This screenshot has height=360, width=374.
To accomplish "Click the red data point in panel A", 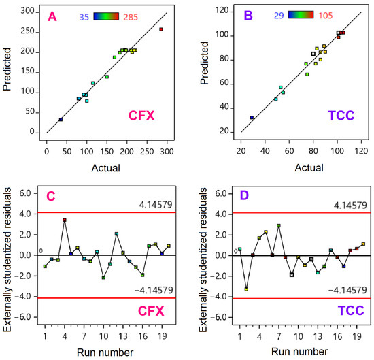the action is [x=161, y=29].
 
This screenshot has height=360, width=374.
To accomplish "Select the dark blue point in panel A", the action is [x=61, y=119].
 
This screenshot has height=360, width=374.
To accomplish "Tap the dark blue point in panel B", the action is [x=252, y=118].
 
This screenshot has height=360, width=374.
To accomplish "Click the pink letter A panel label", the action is [x=52, y=17].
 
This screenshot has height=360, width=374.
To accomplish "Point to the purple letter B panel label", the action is [x=248, y=16].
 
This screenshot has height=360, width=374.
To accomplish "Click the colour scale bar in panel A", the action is [x=106, y=16].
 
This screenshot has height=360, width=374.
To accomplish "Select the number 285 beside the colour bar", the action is [x=131, y=18].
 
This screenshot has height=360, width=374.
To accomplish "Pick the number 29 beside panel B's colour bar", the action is [x=279, y=16].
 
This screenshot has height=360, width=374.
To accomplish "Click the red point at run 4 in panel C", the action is [x=65, y=220].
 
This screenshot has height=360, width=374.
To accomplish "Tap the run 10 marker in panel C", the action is [x=103, y=278].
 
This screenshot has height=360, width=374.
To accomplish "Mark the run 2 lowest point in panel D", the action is [x=246, y=289].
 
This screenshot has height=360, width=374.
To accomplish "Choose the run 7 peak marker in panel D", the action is [x=279, y=226].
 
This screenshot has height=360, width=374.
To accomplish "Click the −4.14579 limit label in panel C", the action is [x=154, y=290].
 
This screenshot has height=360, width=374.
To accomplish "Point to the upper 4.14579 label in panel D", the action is [x=350, y=205].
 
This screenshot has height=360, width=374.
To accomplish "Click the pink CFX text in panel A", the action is [x=141, y=116].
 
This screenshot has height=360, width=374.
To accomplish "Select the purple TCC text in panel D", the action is [x=351, y=310].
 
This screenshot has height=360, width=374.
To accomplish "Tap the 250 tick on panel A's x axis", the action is [x=147, y=152].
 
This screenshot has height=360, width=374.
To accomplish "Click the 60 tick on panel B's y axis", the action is [x=224, y=83].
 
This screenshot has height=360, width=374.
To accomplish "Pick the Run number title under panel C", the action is [x=105, y=353].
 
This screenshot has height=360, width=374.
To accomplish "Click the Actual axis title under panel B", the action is [x=309, y=168].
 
